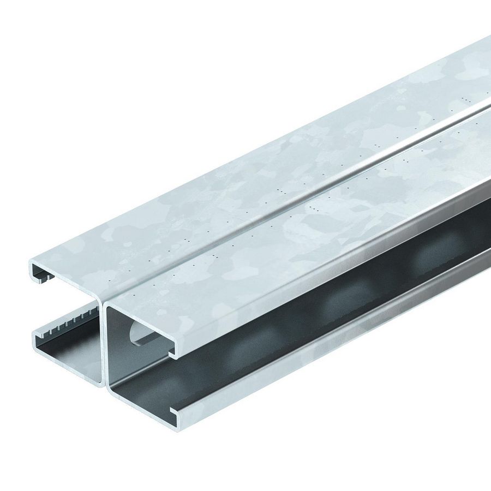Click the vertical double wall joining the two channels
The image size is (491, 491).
[x=104, y=349]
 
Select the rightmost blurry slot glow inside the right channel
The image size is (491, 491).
[x=431, y=256]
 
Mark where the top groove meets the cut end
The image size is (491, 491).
[x=104, y=301]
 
